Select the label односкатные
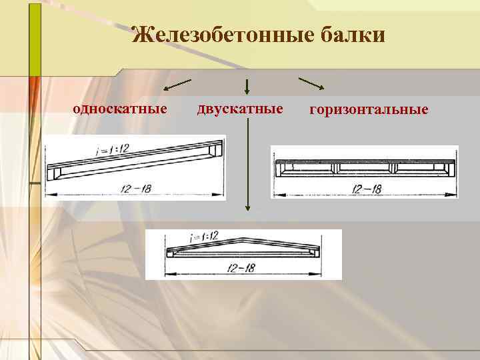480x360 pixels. (x=120, y=108)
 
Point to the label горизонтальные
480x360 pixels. (x=369, y=109)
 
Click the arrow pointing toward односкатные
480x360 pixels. (x=177, y=85)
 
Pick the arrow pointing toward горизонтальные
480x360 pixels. (x=311, y=83)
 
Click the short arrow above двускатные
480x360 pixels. (x=247, y=86)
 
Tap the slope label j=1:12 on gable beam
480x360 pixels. (x=204, y=237)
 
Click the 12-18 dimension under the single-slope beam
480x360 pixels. (x=137, y=189)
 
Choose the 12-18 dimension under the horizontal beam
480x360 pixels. (x=367, y=189)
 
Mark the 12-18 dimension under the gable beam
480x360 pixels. (x=241, y=268)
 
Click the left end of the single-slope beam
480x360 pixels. (x=54, y=174)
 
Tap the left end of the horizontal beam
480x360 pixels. (x=279, y=167)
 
